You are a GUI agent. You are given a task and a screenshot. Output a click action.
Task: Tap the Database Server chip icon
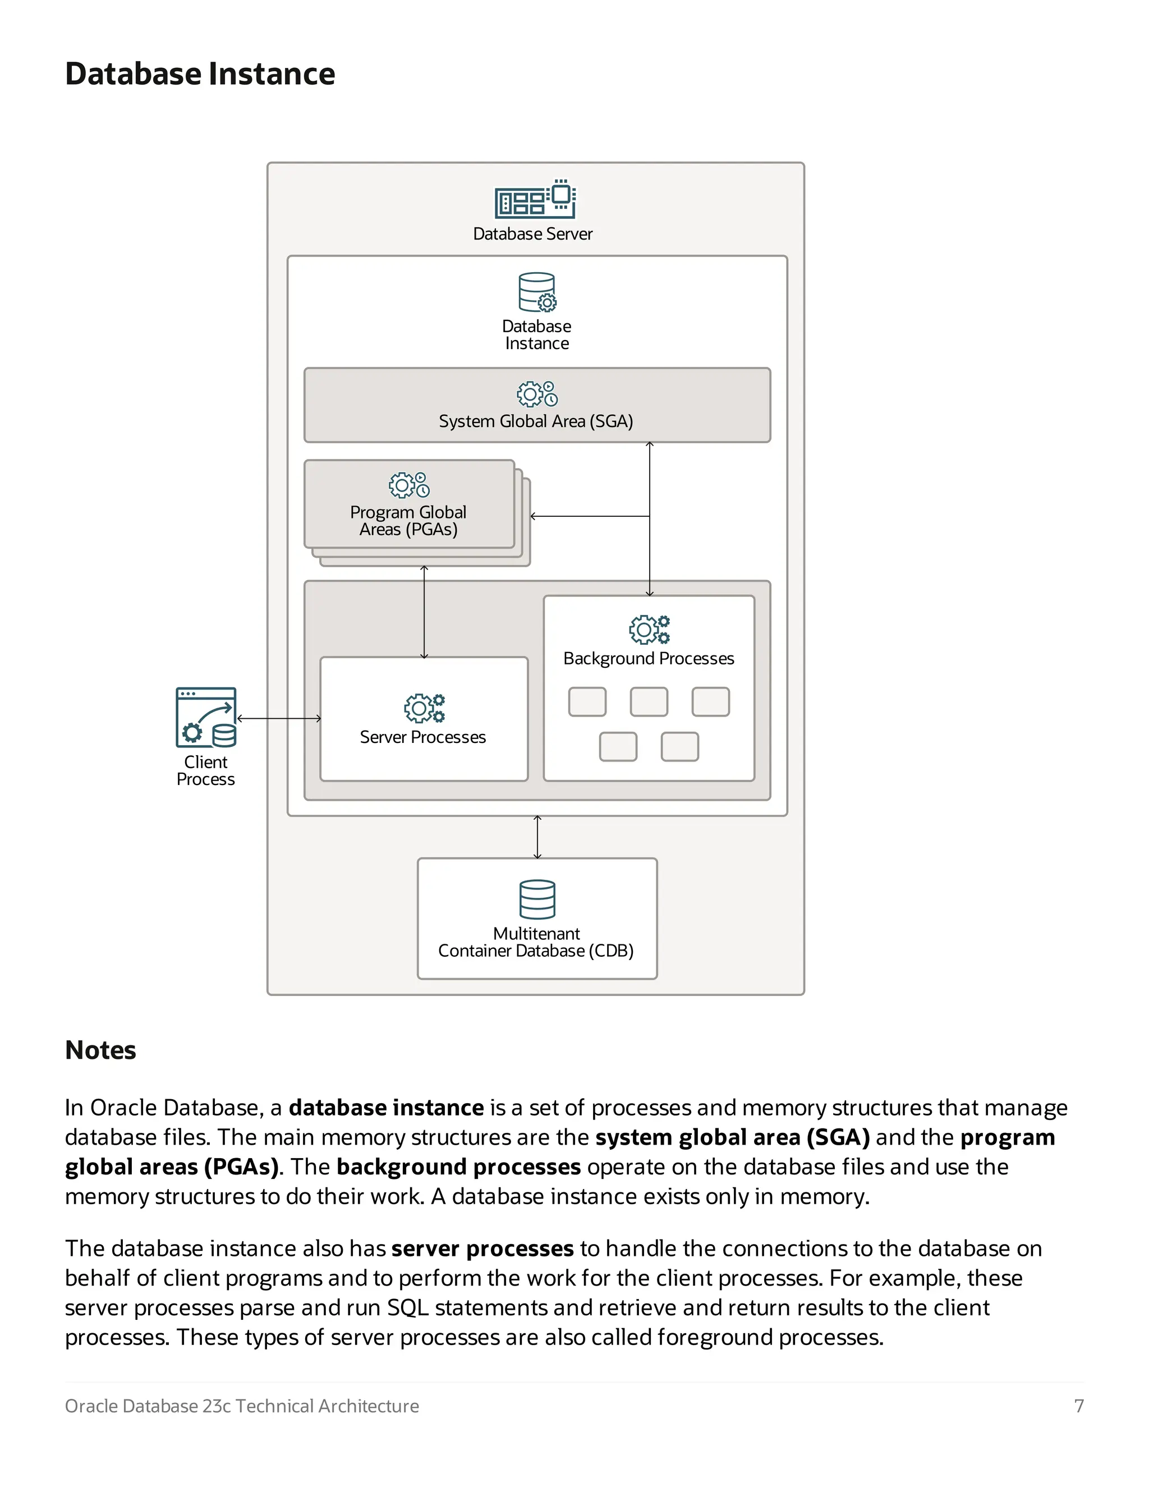(535, 200)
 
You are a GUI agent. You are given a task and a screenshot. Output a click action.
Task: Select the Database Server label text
(532, 233)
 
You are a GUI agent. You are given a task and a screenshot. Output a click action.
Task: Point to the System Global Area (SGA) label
(536, 421)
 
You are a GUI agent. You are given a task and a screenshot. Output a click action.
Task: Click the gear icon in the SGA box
(537, 393)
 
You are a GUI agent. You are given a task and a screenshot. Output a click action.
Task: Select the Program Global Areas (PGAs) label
(408, 521)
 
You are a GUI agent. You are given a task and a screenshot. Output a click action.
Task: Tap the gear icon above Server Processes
(424, 708)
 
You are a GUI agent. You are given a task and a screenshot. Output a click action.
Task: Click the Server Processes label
(422, 737)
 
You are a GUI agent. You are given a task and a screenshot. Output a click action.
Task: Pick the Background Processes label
(648, 658)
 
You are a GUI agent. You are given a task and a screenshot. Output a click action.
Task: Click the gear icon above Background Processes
(649, 629)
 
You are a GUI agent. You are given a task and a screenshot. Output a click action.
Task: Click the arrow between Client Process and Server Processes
(278, 718)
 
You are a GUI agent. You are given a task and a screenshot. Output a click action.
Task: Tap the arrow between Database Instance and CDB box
(537, 837)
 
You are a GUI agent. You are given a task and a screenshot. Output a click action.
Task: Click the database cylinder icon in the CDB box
(537, 899)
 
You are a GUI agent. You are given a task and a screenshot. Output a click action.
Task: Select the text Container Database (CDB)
(536, 951)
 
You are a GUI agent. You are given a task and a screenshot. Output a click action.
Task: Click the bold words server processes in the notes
(482, 1249)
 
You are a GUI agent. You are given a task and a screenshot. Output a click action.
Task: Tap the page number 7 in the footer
(1078, 1406)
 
